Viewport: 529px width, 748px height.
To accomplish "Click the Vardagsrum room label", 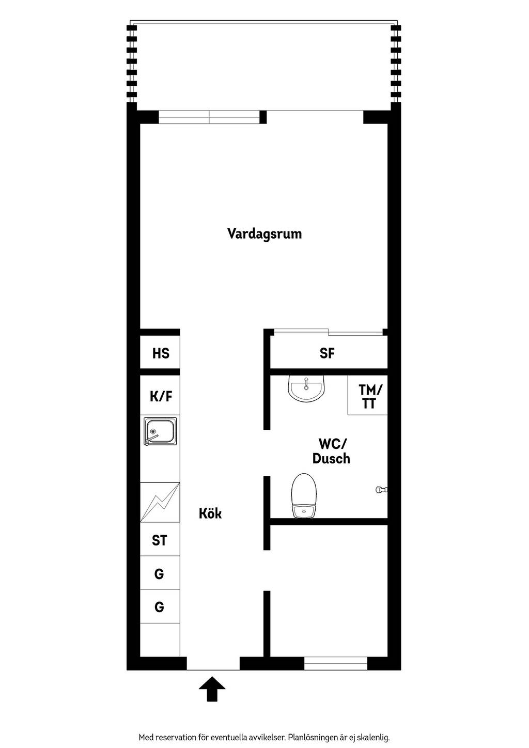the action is pos(264,233).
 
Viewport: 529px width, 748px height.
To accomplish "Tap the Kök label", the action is pos(210,513).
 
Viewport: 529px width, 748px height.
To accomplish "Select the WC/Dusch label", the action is pos(331,451).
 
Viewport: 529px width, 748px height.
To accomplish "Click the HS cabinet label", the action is pos(161,353).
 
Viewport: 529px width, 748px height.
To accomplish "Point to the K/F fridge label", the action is pos(161,396).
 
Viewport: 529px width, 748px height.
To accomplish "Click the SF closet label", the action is pos(327,353).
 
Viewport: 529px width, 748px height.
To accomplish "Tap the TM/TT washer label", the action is pos(370,396).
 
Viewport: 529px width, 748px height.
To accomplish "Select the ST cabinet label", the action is pos(159,540).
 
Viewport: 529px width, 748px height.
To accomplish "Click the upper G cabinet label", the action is pos(159,574).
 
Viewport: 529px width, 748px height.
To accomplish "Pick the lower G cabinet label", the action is pos(159,607).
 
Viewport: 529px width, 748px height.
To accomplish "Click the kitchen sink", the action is pos(160,431).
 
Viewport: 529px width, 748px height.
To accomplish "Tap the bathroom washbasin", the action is pos(306,388).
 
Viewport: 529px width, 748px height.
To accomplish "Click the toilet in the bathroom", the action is pos(304,496).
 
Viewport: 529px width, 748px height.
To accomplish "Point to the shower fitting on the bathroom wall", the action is pos(381,490).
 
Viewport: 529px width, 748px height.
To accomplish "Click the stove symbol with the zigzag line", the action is pos(160,502).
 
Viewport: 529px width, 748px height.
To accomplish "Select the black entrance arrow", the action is pos(212,689).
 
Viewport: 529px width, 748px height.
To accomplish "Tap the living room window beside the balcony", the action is pos(209,117).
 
